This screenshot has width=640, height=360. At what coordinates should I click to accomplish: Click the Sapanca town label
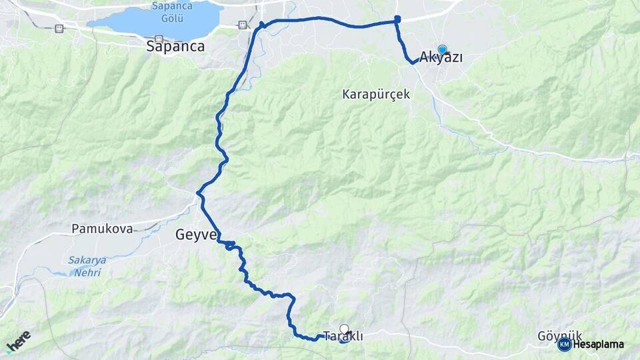175,47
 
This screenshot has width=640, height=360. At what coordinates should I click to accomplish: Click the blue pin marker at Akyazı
442,49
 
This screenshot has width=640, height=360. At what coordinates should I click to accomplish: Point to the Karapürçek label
376,94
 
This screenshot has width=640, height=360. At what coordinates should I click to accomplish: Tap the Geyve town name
196,235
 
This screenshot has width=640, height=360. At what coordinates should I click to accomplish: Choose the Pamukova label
102,228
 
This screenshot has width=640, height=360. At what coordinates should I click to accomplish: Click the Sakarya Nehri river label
87,265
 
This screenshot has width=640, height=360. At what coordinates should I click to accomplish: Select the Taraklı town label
343,337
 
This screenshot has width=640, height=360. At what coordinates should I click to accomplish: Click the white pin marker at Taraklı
344,329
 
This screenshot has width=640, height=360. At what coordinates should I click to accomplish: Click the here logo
18,342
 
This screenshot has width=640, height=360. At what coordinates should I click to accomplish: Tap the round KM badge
564,345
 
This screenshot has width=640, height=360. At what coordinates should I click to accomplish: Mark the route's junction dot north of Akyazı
397,19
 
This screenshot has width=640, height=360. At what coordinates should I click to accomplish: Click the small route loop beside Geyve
230,247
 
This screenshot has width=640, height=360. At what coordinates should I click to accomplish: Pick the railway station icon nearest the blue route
242,25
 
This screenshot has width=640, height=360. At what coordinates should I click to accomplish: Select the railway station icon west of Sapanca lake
59,28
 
